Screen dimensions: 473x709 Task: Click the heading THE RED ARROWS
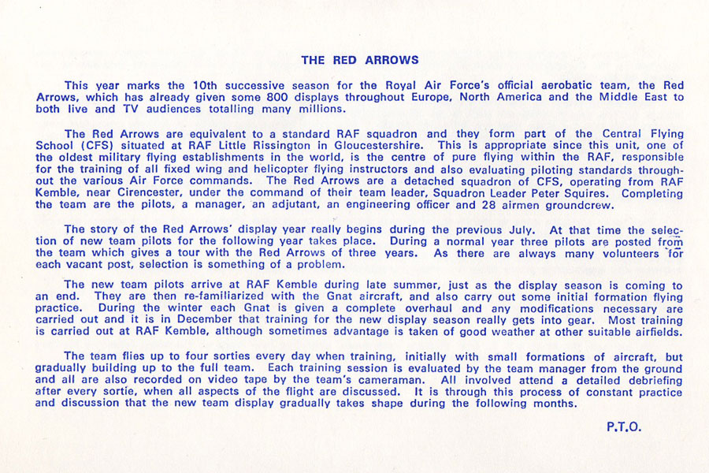[360, 60]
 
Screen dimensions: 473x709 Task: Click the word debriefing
[640, 380]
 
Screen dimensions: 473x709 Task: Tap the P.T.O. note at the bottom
[625, 427]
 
